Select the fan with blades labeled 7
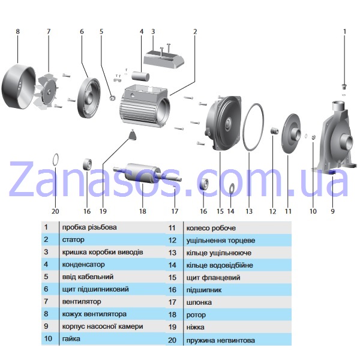(x=47, y=91)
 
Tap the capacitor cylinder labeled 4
(x=140, y=76)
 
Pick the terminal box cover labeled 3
(x=164, y=58)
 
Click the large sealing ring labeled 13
(x=244, y=128)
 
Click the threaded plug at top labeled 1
(x=344, y=86)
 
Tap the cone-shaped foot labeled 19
(x=133, y=135)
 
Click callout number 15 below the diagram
(x=220, y=211)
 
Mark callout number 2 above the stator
(x=195, y=31)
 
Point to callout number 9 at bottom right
(x=332, y=211)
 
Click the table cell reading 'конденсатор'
(x=83, y=265)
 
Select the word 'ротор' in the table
(x=196, y=315)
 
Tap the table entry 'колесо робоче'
(x=211, y=228)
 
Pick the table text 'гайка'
(x=71, y=339)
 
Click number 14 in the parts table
(x=172, y=265)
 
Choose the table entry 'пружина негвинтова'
(x=221, y=340)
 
